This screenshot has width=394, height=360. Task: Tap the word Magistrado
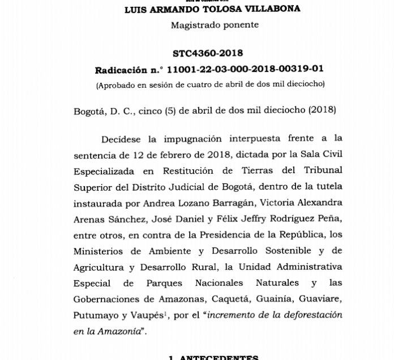coord(192,25)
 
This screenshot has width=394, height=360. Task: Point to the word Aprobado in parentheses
coord(117,85)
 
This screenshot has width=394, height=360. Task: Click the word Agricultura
coord(101,267)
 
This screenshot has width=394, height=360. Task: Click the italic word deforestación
coord(307,315)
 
